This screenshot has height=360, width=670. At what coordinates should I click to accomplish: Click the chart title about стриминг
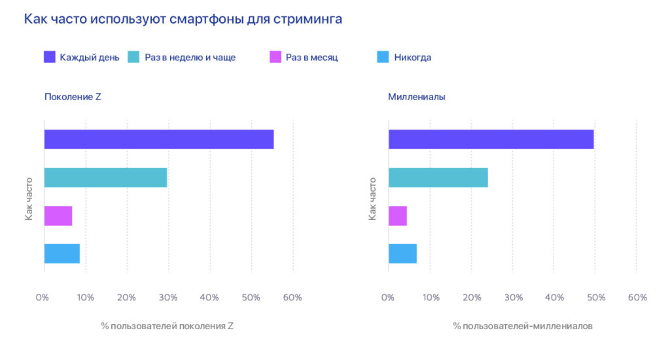coord(183,19)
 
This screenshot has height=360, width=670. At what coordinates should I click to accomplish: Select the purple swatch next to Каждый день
coord(50,57)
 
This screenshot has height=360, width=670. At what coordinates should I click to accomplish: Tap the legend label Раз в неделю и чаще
coord(190,58)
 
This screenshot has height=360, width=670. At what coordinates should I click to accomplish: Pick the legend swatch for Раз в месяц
coord(275,57)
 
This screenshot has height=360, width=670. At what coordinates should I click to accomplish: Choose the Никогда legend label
coord(412,58)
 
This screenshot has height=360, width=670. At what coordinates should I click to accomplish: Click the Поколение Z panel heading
coord(72,97)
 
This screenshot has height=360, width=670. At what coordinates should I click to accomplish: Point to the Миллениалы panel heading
coord(416,97)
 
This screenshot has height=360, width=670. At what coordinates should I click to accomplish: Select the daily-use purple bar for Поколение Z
coord(159,139)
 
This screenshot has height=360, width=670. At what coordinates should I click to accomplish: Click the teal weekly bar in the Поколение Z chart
coord(105,177)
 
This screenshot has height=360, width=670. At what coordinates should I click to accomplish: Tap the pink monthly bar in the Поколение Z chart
coord(58,216)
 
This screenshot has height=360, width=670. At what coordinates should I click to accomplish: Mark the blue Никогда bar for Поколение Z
coord(62,253)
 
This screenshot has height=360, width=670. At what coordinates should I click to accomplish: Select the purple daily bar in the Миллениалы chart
coord(491,139)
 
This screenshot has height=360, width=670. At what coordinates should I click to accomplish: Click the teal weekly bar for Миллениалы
coord(438,177)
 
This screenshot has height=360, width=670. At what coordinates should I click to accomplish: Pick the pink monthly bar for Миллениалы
coord(398,216)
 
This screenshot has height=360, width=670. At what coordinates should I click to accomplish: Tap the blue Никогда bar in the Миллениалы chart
coord(402,253)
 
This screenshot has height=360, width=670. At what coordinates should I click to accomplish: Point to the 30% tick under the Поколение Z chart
coord(168,297)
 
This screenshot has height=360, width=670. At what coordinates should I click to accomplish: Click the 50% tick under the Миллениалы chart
coord(595,297)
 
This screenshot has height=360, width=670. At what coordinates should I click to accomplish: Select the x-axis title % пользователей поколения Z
coord(167,325)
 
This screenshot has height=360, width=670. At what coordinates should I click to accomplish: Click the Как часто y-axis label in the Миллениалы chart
coord(372,198)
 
